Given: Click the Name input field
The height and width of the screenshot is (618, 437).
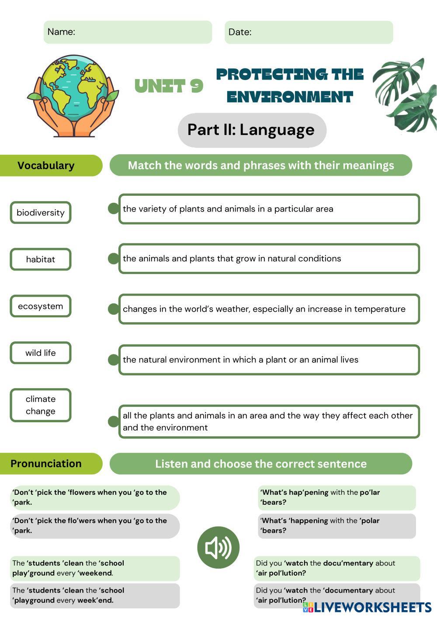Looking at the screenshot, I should pyautogui.click(x=128, y=32).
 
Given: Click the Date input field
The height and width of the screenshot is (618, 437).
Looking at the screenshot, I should pyautogui.click(x=309, y=32).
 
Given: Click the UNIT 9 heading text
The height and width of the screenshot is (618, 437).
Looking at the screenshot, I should pyautogui.click(x=169, y=86).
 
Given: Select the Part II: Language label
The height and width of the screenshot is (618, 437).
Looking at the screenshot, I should pyautogui.click(x=252, y=130).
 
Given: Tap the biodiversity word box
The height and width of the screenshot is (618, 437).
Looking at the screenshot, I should pyautogui.click(x=41, y=213).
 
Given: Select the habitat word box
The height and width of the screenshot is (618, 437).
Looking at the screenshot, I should pyautogui.click(x=41, y=259).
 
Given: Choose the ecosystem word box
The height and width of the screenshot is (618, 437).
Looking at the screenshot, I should pyautogui.click(x=41, y=306).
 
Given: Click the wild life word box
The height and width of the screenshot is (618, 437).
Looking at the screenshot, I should pyautogui.click(x=41, y=353).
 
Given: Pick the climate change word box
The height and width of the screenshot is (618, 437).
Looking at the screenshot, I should pyautogui.click(x=41, y=405).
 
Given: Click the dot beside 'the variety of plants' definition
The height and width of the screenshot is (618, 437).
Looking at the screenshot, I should pyautogui.click(x=114, y=208).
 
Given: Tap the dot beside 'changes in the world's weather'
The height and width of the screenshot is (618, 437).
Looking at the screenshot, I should pyautogui.click(x=114, y=309).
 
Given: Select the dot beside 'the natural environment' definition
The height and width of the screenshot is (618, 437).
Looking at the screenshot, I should pyautogui.click(x=114, y=360).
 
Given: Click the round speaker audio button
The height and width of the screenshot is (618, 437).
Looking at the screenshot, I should pyautogui.click(x=218, y=547).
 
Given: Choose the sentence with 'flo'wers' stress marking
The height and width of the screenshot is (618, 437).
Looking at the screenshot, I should pyautogui.click(x=94, y=526).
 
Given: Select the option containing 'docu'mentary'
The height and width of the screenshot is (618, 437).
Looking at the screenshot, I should pyautogui.click(x=336, y=568).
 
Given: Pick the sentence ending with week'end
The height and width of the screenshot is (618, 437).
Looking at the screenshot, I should pyautogui.click(x=94, y=595).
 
